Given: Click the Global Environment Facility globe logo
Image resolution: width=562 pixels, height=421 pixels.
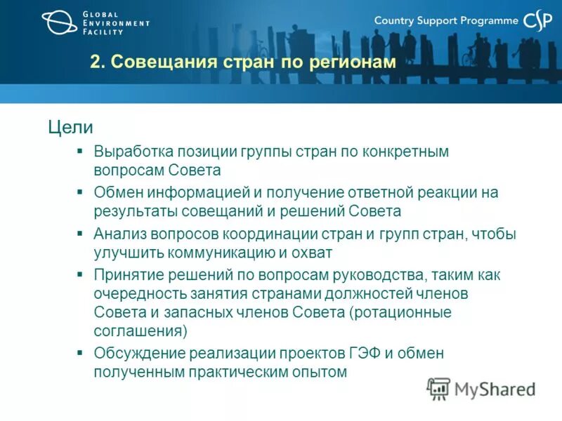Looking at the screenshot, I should pos(60,22).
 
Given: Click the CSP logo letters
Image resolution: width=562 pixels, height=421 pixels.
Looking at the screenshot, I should pos(539,21).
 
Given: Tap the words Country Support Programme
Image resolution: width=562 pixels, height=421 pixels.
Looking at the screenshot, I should pos(446,21).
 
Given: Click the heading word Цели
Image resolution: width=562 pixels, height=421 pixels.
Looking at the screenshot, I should pos(70,127).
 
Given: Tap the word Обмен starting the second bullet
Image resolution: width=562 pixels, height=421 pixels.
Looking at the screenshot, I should pos(117,192).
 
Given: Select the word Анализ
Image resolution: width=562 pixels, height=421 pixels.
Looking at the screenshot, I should pos(118,234).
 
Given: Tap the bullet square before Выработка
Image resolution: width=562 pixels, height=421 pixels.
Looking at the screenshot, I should pos(80,151).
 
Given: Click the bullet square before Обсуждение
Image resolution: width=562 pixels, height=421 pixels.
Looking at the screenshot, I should pos(80,353).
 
